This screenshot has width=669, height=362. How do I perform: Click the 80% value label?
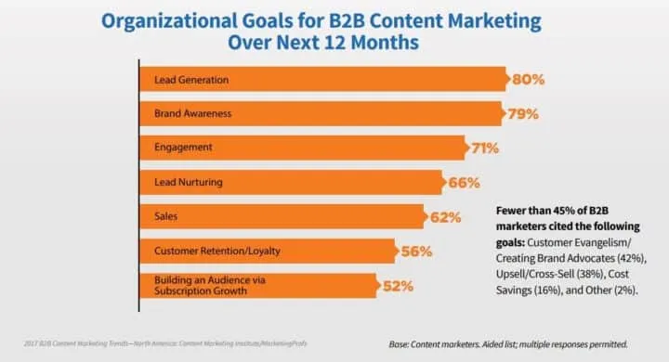[527, 80]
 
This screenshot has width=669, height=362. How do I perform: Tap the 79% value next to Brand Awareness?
[522, 114]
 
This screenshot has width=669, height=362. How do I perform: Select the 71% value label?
[482, 149]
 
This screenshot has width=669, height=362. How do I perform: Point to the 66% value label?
[463, 183]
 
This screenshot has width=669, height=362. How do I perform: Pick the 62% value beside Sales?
[445, 217]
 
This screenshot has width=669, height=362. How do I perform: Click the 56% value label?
[416, 252]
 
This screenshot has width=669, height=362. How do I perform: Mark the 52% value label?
[398, 286]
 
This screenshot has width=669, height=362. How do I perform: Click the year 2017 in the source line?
[33, 343]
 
